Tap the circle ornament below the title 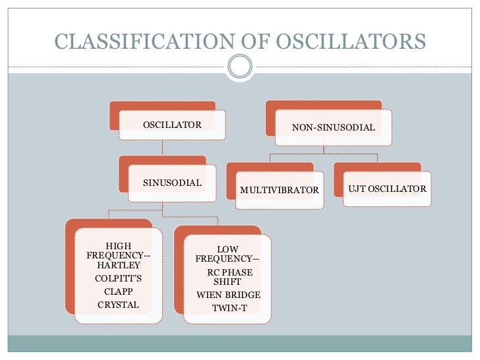(x=239, y=65)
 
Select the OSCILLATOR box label (x=172, y=124)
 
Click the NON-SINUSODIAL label (x=334, y=127)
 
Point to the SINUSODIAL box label (x=172, y=183)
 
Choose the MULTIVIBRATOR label (x=279, y=191)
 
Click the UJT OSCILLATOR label (x=387, y=189)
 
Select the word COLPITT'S (x=118, y=278)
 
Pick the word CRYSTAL (x=118, y=305)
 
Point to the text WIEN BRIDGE (x=228, y=295)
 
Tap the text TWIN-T (x=229, y=308)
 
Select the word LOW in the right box (x=228, y=250)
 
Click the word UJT (x=357, y=189)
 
